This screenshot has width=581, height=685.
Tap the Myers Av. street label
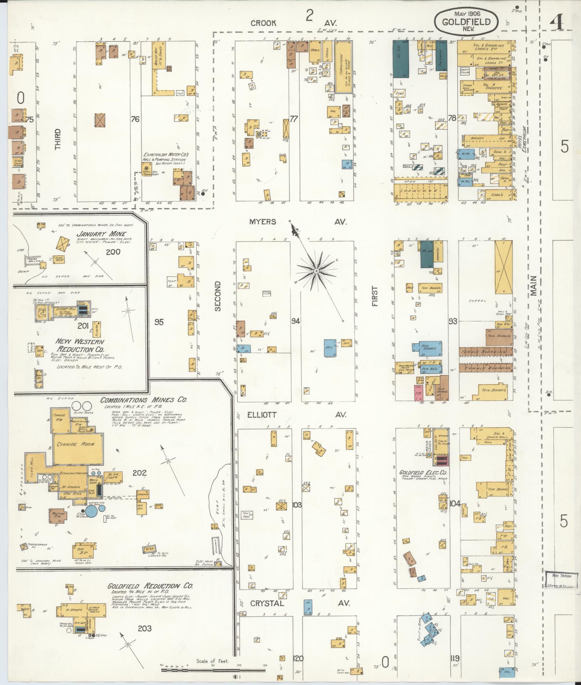[x=298, y=222]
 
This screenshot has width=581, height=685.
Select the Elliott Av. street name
[x=298, y=415]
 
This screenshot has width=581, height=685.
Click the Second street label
[x=218, y=296]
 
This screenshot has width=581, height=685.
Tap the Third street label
[x=58, y=139]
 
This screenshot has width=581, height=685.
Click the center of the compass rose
[x=316, y=272]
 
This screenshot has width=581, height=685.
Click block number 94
[x=295, y=321]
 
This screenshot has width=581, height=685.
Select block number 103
[x=297, y=505]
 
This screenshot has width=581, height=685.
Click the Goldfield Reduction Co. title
[x=150, y=586]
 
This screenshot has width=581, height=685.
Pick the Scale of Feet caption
[x=212, y=661]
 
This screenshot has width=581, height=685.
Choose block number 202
[x=139, y=473]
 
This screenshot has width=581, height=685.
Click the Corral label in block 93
[x=478, y=301]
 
